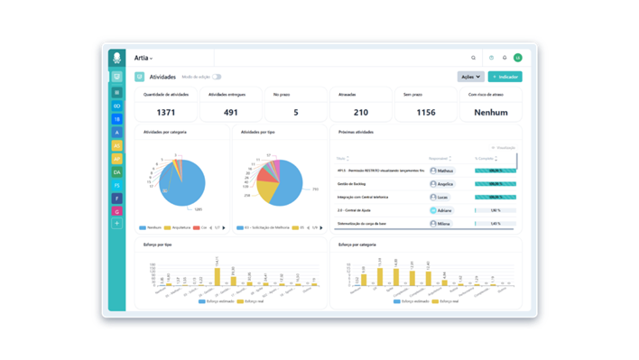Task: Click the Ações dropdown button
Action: point(470,77)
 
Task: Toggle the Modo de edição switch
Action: point(217,77)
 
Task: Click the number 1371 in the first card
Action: point(166,112)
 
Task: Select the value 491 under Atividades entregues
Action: point(231,112)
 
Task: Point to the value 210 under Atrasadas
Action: point(361,112)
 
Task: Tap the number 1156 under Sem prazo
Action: point(426,112)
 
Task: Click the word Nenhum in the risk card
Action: point(491,112)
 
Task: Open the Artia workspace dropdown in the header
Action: point(144,58)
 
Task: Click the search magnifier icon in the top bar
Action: point(473,58)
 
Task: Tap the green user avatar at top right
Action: point(518,58)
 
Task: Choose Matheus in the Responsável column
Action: point(441,170)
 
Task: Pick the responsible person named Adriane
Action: point(441,209)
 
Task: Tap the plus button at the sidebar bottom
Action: point(116,223)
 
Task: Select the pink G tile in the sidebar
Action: point(116,210)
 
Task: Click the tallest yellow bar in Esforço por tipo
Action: point(217,276)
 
